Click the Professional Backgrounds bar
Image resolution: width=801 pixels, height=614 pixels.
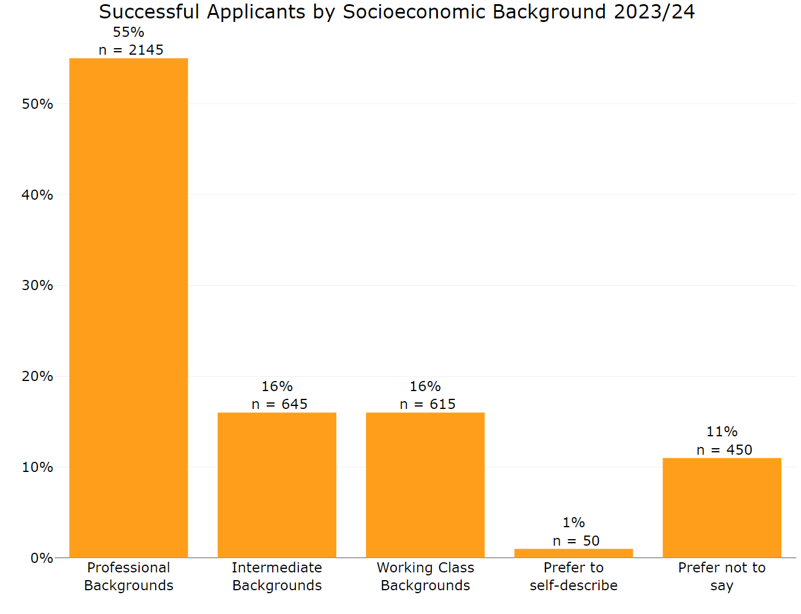128,308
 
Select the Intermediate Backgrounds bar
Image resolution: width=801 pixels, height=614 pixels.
277,485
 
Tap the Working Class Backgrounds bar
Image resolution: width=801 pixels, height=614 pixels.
425,485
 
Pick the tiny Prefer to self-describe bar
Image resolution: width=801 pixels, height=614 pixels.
573,553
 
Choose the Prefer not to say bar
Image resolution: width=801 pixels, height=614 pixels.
721,508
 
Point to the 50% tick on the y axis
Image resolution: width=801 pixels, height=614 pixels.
37,104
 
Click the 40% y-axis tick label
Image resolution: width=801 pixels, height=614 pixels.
37,195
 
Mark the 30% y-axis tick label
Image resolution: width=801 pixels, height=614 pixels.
37,285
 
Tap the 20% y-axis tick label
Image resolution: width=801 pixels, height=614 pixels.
37,376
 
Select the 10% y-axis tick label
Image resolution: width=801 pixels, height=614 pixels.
37,467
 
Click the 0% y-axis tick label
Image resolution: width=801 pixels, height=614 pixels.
42,558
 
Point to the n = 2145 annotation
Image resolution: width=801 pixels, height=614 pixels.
131,50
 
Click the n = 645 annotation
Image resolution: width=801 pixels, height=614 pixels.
279,404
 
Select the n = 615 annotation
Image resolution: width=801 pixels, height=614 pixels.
427,404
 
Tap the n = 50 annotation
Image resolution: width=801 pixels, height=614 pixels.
576,541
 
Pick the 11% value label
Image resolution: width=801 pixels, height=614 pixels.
722,432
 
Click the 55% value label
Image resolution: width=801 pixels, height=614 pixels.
128,32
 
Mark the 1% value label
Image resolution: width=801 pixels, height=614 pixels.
573,522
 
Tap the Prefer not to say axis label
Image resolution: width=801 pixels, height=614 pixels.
721,576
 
